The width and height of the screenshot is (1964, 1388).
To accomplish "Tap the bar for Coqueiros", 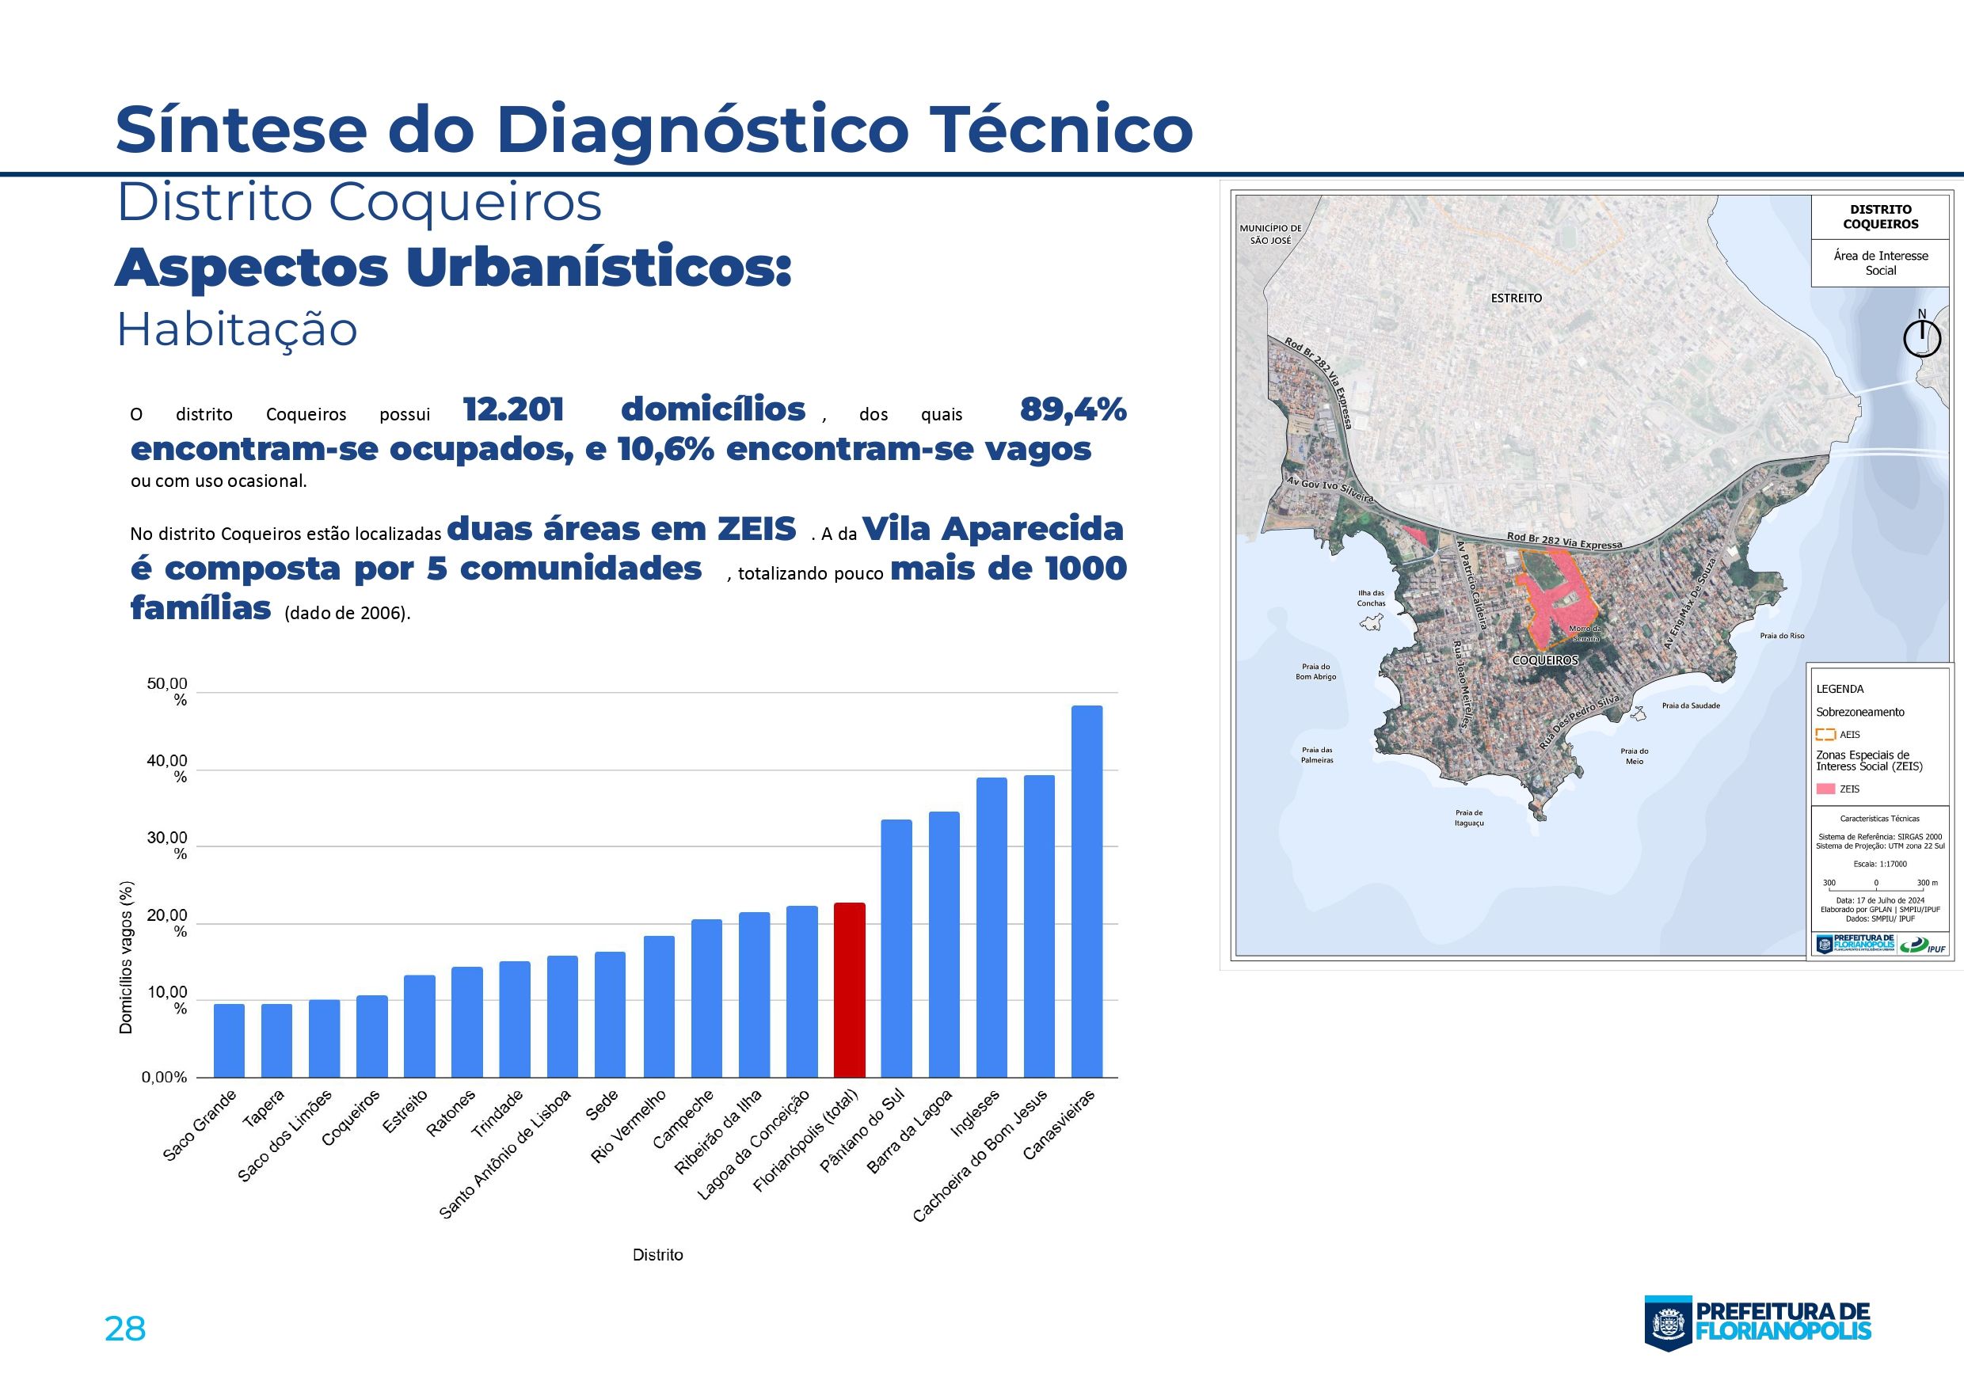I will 372,1036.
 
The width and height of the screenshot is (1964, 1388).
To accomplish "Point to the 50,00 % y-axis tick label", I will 168,692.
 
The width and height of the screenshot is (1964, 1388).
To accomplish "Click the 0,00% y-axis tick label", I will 164,1078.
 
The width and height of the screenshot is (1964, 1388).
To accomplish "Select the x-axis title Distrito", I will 658,1256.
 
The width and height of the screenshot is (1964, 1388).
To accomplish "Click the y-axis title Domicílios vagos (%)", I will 127,957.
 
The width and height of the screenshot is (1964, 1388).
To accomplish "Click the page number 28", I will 125,1328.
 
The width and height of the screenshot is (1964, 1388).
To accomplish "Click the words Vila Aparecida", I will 992,530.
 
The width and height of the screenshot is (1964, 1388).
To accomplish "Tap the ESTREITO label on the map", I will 1517,299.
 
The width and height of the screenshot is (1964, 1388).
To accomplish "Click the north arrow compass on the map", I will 1921,337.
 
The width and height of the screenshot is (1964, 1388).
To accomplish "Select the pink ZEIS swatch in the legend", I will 1825,789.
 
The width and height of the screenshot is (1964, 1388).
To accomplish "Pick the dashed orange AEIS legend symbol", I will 1825,734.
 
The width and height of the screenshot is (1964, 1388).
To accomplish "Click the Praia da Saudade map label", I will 1690,705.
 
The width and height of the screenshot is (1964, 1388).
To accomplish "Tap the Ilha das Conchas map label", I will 1370,598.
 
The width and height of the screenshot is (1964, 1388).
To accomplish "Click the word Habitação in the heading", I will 237,329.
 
